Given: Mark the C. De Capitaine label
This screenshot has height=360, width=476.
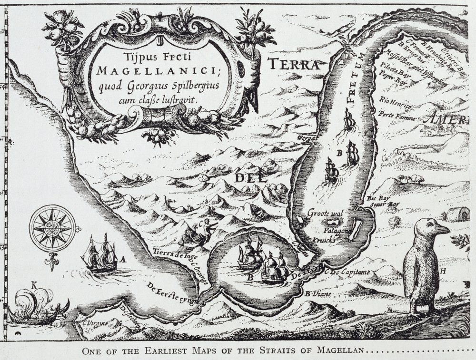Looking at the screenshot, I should click(x=347, y=272).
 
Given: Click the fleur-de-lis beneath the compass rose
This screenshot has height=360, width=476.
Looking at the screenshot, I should click(x=51, y=259).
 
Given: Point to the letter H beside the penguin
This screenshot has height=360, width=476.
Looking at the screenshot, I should click(x=443, y=271).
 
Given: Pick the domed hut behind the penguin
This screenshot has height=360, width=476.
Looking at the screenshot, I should click(x=456, y=215).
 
